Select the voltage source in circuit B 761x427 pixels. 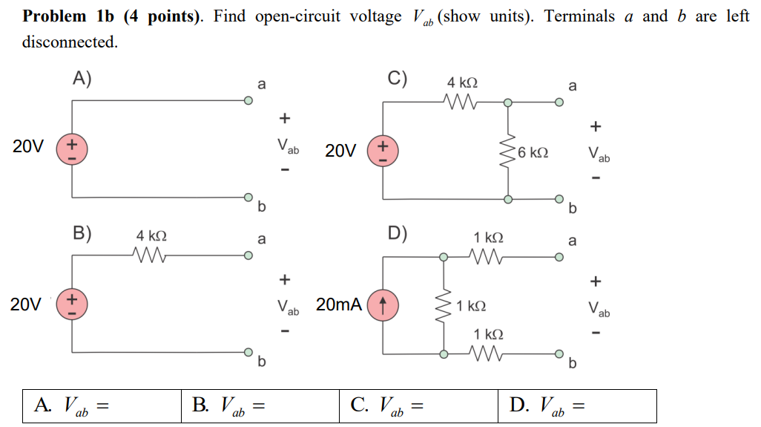click(72, 304)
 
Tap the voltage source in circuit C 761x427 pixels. click(383, 149)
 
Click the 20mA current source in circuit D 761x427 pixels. click(383, 304)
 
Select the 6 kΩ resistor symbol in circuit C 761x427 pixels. click(507, 151)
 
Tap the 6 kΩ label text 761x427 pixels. click(534, 152)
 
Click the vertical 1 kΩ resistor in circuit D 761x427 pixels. click(444, 305)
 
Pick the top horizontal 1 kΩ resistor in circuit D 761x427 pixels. click(488, 257)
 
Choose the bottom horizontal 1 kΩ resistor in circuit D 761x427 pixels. click(488, 353)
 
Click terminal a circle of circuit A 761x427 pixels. click(248, 102)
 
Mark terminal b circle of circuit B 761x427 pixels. click(248, 351)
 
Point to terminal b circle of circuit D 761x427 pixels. click(559, 353)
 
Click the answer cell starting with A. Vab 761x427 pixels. click(102, 405)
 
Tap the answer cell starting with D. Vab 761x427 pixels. click(577, 405)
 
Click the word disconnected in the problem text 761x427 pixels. click(70, 42)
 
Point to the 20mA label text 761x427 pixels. click(339, 304)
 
